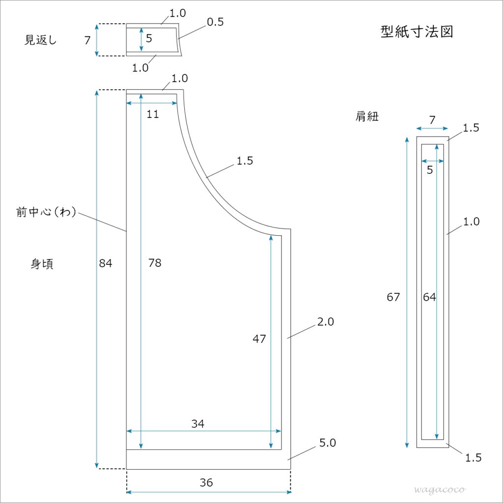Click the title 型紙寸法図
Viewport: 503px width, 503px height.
(417, 32)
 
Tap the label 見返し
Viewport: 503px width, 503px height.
(41, 40)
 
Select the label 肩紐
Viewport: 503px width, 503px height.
(367, 116)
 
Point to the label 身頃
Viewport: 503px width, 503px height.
(42, 264)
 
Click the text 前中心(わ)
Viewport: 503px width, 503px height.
(46, 212)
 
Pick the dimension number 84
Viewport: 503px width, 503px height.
(106, 263)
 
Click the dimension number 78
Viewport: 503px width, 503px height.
(155, 263)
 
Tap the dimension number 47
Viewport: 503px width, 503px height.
(259, 338)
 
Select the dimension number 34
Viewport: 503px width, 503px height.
(197, 424)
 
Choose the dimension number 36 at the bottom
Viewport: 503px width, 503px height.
(206, 482)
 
